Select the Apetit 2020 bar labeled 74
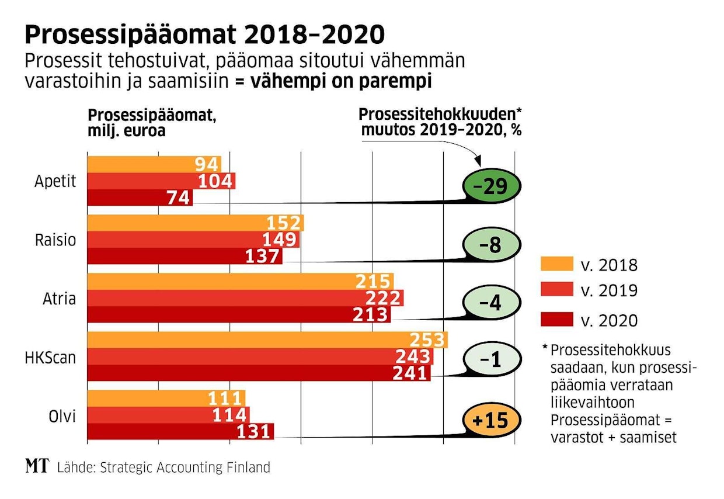pos(140,197)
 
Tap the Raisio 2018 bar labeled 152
pos(195,223)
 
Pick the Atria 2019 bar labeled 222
pos(245,298)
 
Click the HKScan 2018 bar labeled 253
pos(267,340)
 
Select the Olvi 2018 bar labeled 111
pos(166,398)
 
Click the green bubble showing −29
pos(491,186)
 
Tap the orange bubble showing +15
pos(491,420)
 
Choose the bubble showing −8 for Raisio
pos(491,245)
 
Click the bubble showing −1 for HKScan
pos(491,360)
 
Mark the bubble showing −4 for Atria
pos(491,303)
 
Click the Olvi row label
pos(62,415)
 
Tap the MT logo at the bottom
pos(36,466)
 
